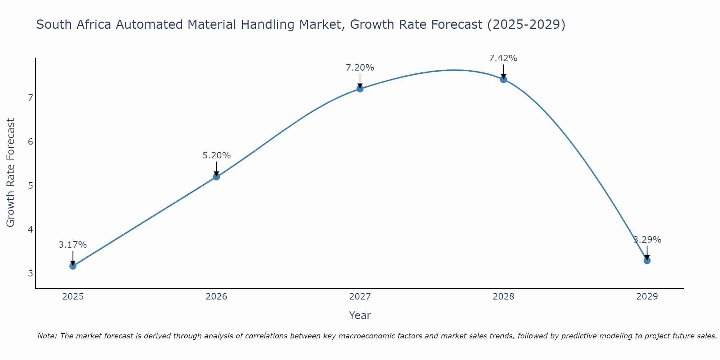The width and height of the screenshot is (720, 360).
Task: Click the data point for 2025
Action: pos(73,266)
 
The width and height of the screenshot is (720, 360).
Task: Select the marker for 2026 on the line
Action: pos(216,177)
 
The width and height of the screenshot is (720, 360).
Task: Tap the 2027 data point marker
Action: pos(360,89)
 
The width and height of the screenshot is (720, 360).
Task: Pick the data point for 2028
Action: pos(503,79)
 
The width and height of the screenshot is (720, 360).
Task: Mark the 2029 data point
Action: pos(647,261)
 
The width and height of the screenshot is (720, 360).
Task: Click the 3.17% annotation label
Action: pos(73,245)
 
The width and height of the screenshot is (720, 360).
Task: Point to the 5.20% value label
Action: pos(216,156)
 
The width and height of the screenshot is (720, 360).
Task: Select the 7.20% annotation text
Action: pos(360,68)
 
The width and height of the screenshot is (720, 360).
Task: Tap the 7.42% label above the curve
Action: pos(503,58)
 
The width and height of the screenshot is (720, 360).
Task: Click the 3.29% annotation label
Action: pos(647,240)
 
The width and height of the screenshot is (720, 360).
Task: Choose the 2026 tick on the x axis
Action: pos(216,297)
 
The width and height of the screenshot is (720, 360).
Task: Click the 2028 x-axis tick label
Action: pos(503,297)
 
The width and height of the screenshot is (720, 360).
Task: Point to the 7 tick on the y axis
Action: pos(30,98)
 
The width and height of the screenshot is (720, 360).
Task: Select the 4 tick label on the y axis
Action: pos(30,229)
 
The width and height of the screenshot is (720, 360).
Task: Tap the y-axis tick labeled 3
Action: pos(30,273)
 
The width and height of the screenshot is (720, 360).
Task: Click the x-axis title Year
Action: pos(360,315)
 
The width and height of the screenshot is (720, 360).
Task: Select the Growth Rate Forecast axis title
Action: pos(11,173)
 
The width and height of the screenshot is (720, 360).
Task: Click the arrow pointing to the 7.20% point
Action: pos(360,81)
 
